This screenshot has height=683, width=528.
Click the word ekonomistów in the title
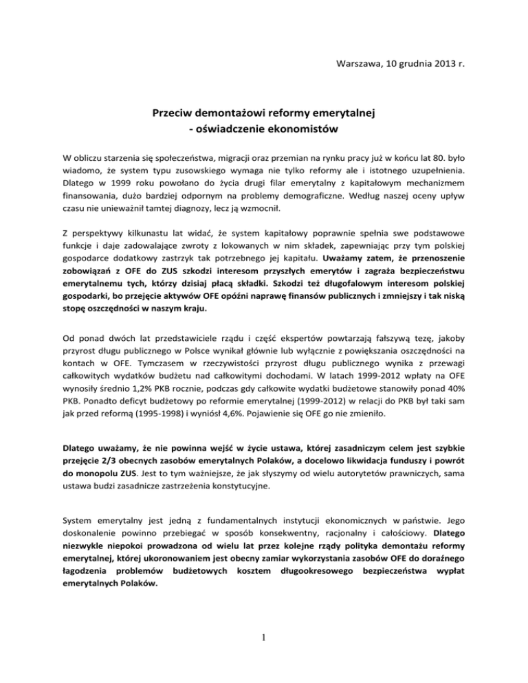click(302, 129)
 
